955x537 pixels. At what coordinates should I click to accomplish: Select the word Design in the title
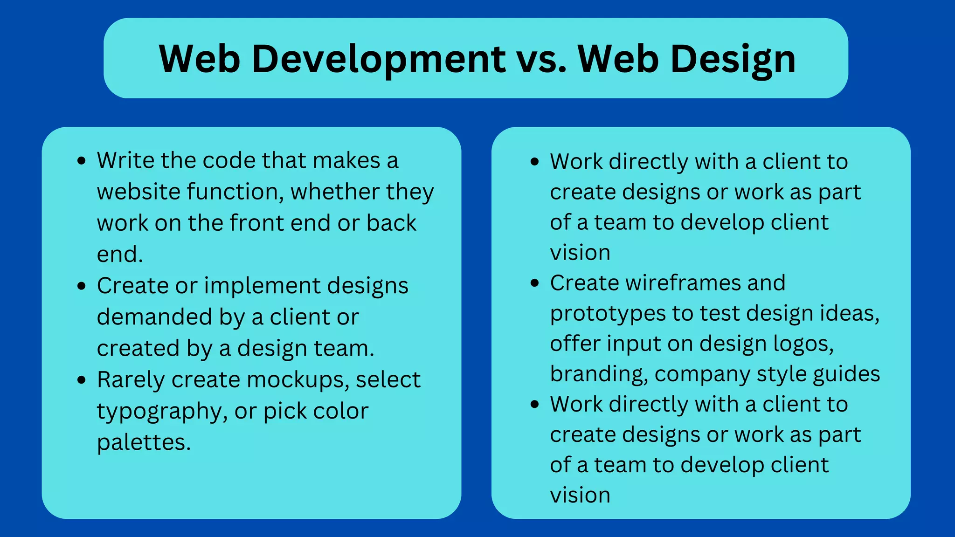click(x=733, y=59)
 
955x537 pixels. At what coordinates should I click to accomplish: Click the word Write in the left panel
click(x=125, y=160)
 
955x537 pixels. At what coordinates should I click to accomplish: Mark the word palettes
click(x=144, y=442)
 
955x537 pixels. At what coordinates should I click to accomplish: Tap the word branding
click(x=598, y=374)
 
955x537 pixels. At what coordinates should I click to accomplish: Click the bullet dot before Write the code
click(x=82, y=161)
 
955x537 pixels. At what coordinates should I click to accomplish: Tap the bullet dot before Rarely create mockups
click(x=82, y=380)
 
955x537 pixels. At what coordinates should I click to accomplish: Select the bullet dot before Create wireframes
click(x=535, y=283)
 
